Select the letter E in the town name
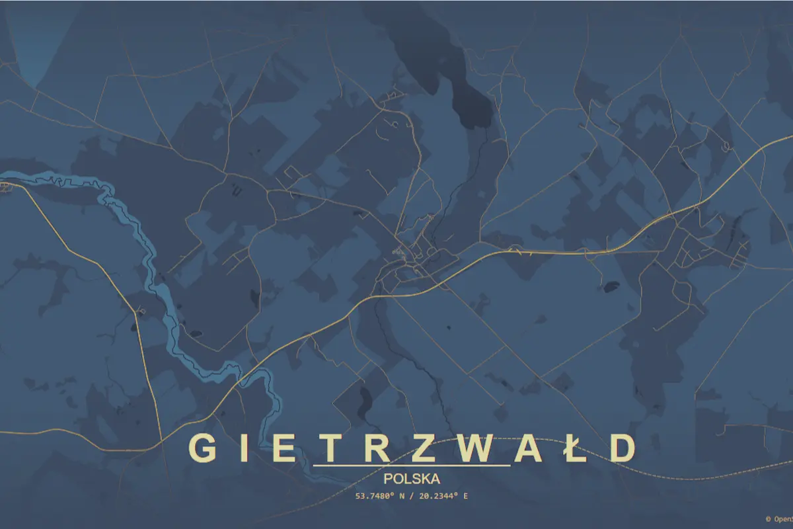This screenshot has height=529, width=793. pyautogui.click(x=284, y=448)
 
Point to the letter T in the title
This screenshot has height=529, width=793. pyautogui.click(x=332, y=448)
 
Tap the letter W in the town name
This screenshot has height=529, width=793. pyautogui.click(x=478, y=448)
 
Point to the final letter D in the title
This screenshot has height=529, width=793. pyautogui.click(x=621, y=448)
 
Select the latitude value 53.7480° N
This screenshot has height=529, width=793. pyautogui.click(x=379, y=495)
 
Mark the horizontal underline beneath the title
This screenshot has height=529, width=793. pyautogui.click(x=412, y=466)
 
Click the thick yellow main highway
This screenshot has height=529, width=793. pyautogui.click(x=562, y=252)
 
